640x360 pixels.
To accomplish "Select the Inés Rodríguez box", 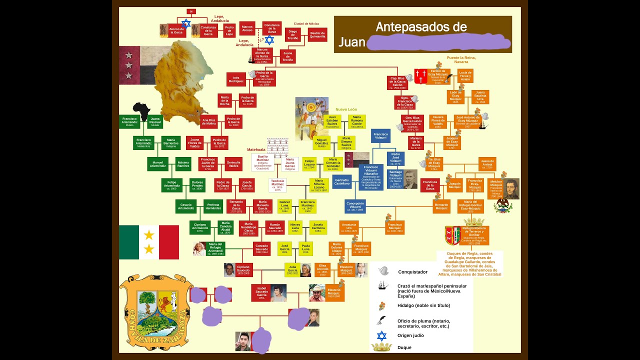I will [x=236, y=79].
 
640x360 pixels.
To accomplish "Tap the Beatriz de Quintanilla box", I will [x=317, y=34].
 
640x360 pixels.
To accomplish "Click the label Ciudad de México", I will [x=306, y=23].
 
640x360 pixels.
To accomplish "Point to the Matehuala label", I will [x=256, y=149].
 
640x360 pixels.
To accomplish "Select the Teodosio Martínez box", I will [x=277, y=184].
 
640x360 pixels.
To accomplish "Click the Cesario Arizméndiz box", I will [x=185, y=206].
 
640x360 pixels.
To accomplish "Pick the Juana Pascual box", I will [x=155, y=122].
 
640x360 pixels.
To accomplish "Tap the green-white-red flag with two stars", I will [x=148, y=242].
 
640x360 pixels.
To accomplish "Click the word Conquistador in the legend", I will [x=412, y=272].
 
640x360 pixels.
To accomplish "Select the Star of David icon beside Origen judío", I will [x=382, y=335].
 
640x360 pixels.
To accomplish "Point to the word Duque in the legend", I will [x=404, y=347].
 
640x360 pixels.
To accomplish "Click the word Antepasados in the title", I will [x=421, y=26].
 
